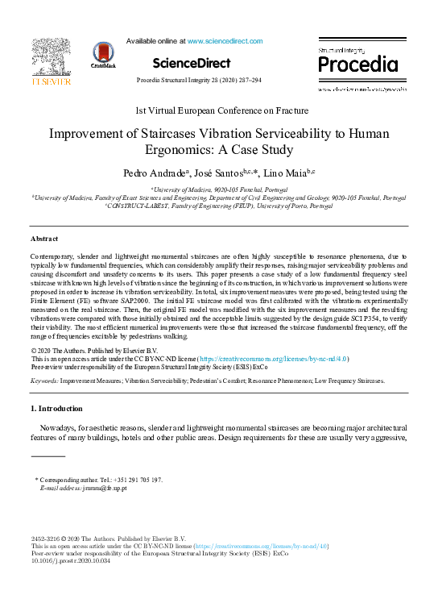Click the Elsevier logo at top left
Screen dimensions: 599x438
tap(51, 62)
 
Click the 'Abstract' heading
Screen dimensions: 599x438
tap(44, 239)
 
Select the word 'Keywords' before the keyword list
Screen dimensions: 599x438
tap(44, 379)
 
